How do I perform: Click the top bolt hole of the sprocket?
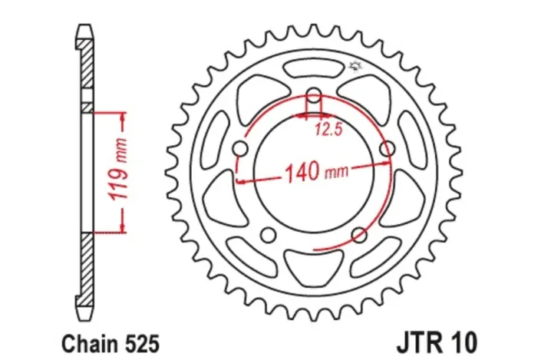pyautogui.click(x=315, y=97)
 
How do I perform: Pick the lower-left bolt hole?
pyautogui.click(x=268, y=235)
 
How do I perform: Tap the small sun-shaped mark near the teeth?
pyautogui.click(x=355, y=65)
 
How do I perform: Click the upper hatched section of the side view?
pyautogui.click(x=87, y=69)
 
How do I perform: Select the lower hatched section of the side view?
pyautogui.click(x=87, y=265)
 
